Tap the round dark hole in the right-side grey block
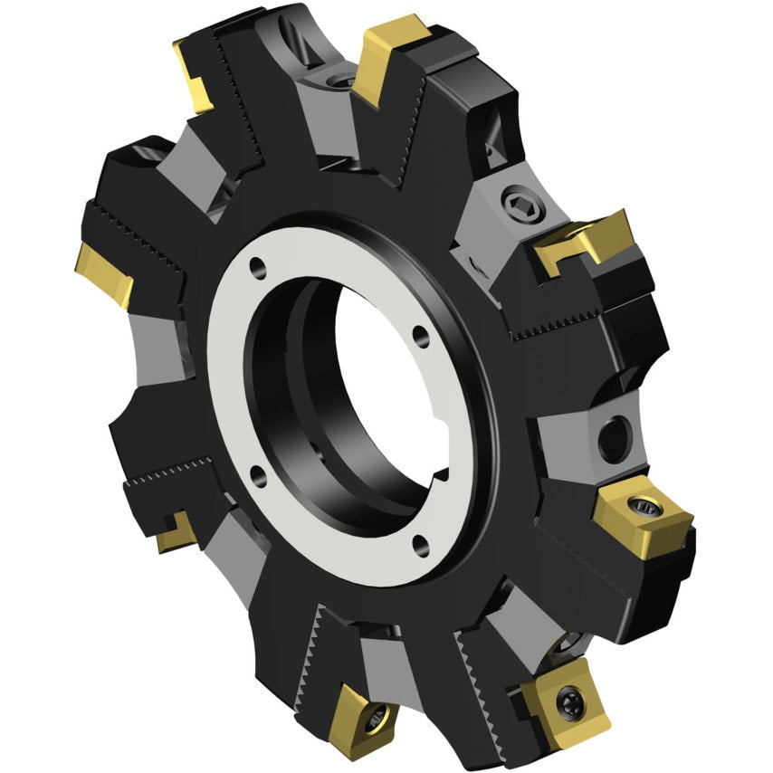click(x=613, y=437)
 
